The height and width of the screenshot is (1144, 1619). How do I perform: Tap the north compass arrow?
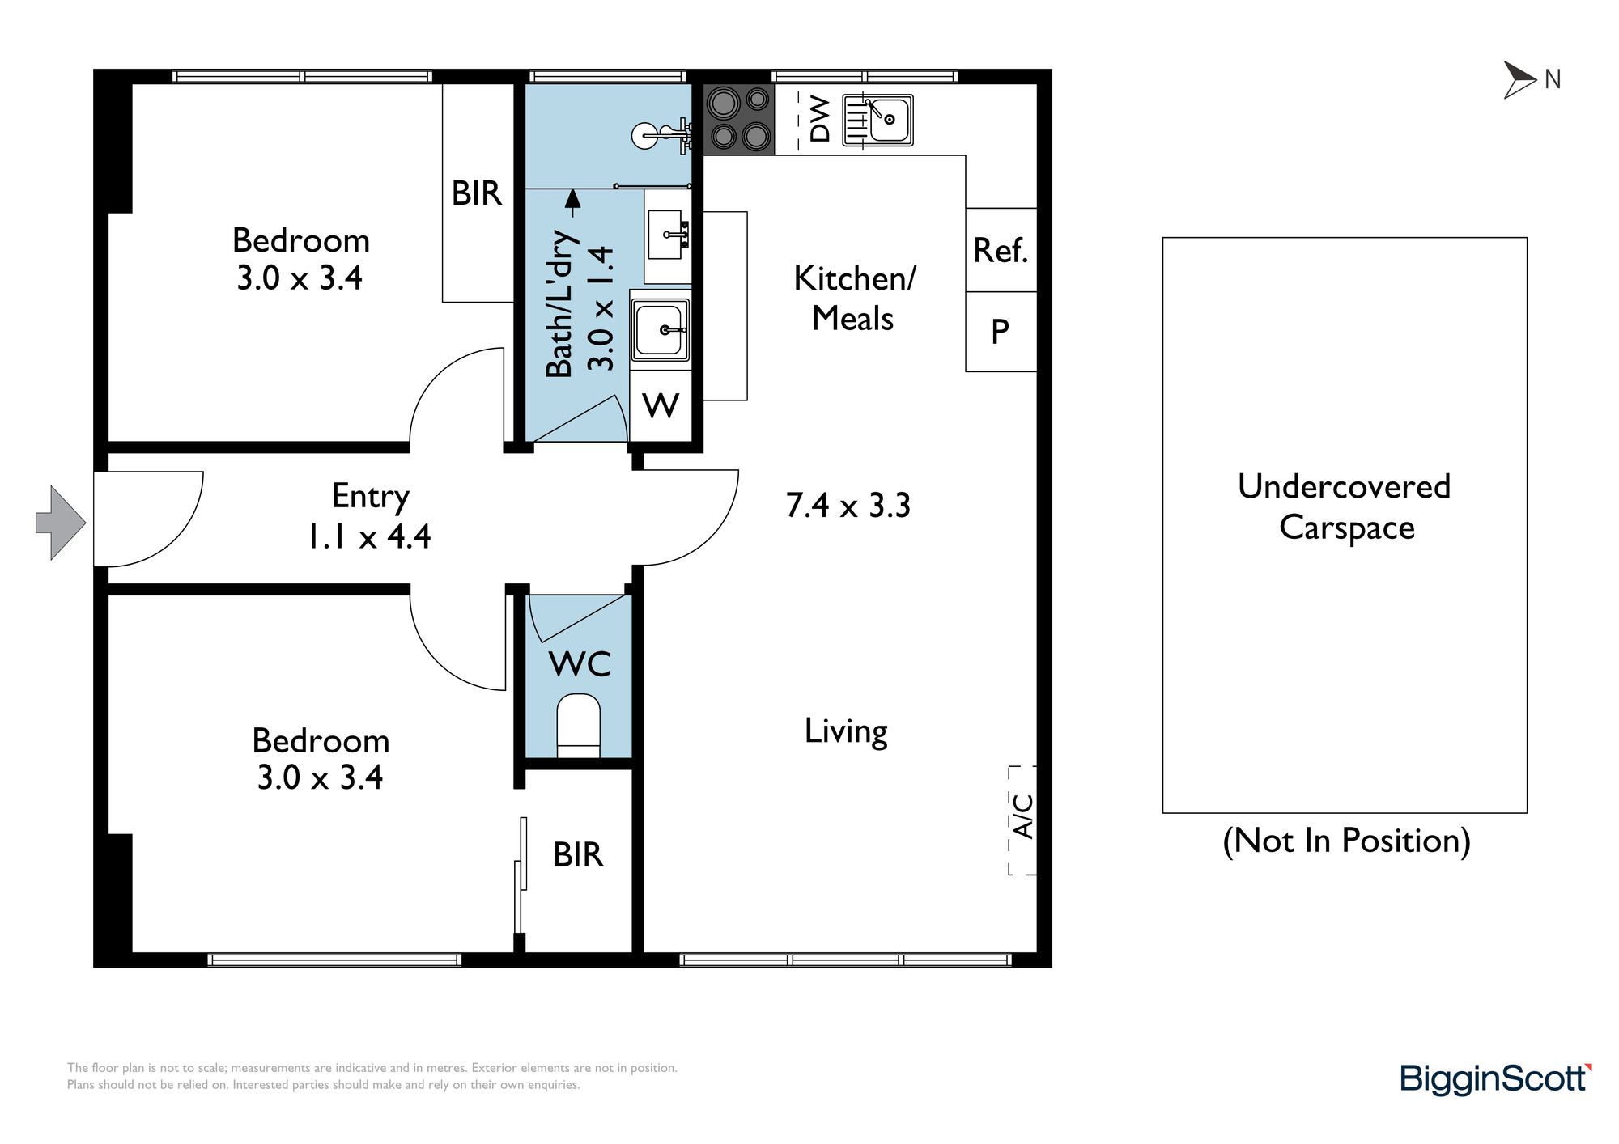pos(1519,80)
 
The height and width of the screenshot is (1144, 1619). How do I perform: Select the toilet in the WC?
pos(579,725)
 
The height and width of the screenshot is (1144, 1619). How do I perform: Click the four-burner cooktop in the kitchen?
pos(739,120)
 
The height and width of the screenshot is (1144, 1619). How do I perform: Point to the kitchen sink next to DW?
pos(878,121)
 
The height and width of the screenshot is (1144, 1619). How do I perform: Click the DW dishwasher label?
pos(820,119)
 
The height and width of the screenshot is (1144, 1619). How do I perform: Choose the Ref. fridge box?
pos(1001,250)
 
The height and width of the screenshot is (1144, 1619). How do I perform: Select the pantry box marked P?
pos(1001,332)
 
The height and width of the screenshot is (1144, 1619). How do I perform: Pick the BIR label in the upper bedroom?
pos(477,193)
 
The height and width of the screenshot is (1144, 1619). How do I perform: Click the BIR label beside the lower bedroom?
pos(578,854)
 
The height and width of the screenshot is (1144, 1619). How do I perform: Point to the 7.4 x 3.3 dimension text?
pos(848,505)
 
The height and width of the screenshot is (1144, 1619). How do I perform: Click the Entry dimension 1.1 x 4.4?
pos(369,536)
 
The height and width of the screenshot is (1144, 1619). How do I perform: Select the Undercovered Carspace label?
pos(1345,506)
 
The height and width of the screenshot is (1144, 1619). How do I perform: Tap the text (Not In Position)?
pos(1346,841)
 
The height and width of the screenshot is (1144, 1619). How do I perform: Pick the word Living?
pos(846,732)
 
